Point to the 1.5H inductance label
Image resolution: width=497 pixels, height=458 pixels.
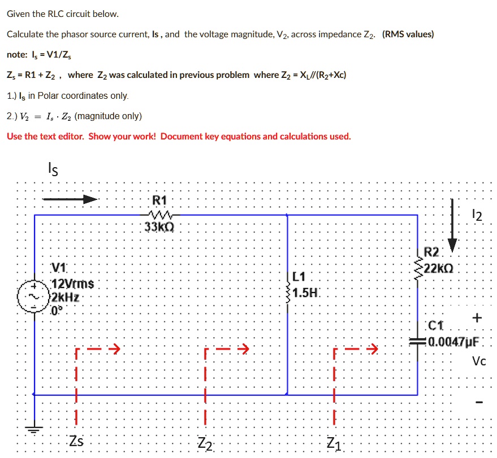point(307,293)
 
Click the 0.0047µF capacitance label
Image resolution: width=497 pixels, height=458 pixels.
point(453,342)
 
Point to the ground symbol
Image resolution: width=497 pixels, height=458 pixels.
point(35,429)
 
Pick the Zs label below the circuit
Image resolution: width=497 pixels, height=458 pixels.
point(76,441)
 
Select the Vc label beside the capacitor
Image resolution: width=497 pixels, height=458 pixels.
point(479,361)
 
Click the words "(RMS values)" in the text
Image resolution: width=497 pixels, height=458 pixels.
point(408,34)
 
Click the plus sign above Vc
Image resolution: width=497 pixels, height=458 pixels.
point(478,319)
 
